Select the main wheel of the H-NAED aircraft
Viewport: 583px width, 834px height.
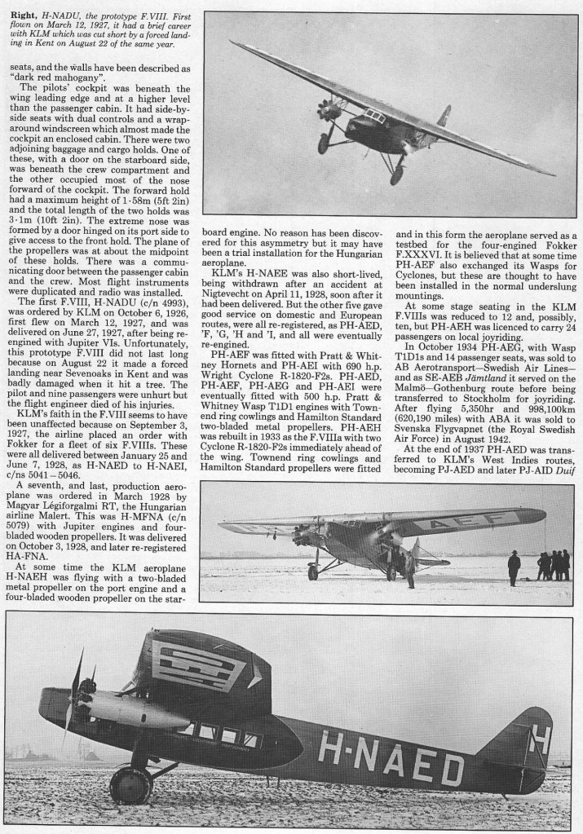pos(130,786)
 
